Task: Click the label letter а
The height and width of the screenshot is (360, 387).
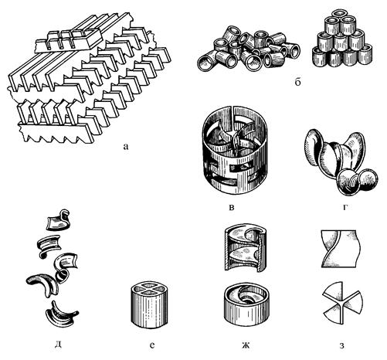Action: pyautogui.click(x=125, y=147)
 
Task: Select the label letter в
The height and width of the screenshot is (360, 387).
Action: pyautogui.click(x=232, y=208)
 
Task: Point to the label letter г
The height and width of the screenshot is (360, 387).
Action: pyautogui.click(x=345, y=207)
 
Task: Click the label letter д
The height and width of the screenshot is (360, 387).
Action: pyautogui.click(x=58, y=345)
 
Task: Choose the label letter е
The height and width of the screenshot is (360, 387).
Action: pyautogui.click(x=152, y=345)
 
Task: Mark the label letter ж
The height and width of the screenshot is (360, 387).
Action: pyautogui.click(x=246, y=345)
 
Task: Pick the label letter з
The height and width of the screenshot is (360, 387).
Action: pyautogui.click(x=341, y=345)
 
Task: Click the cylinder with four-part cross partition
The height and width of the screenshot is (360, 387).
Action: pyautogui.click(x=149, y=305)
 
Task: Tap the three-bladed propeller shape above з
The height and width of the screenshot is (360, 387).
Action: pyautogui.click(x=342, y=304)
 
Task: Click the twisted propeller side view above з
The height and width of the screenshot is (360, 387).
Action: pyautogui.click(x=341, y=249)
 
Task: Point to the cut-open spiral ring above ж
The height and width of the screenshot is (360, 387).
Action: pyautogui.click(x=245, y=248)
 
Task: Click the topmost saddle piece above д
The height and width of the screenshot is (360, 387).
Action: pyautogui.click(x=59, y=220)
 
